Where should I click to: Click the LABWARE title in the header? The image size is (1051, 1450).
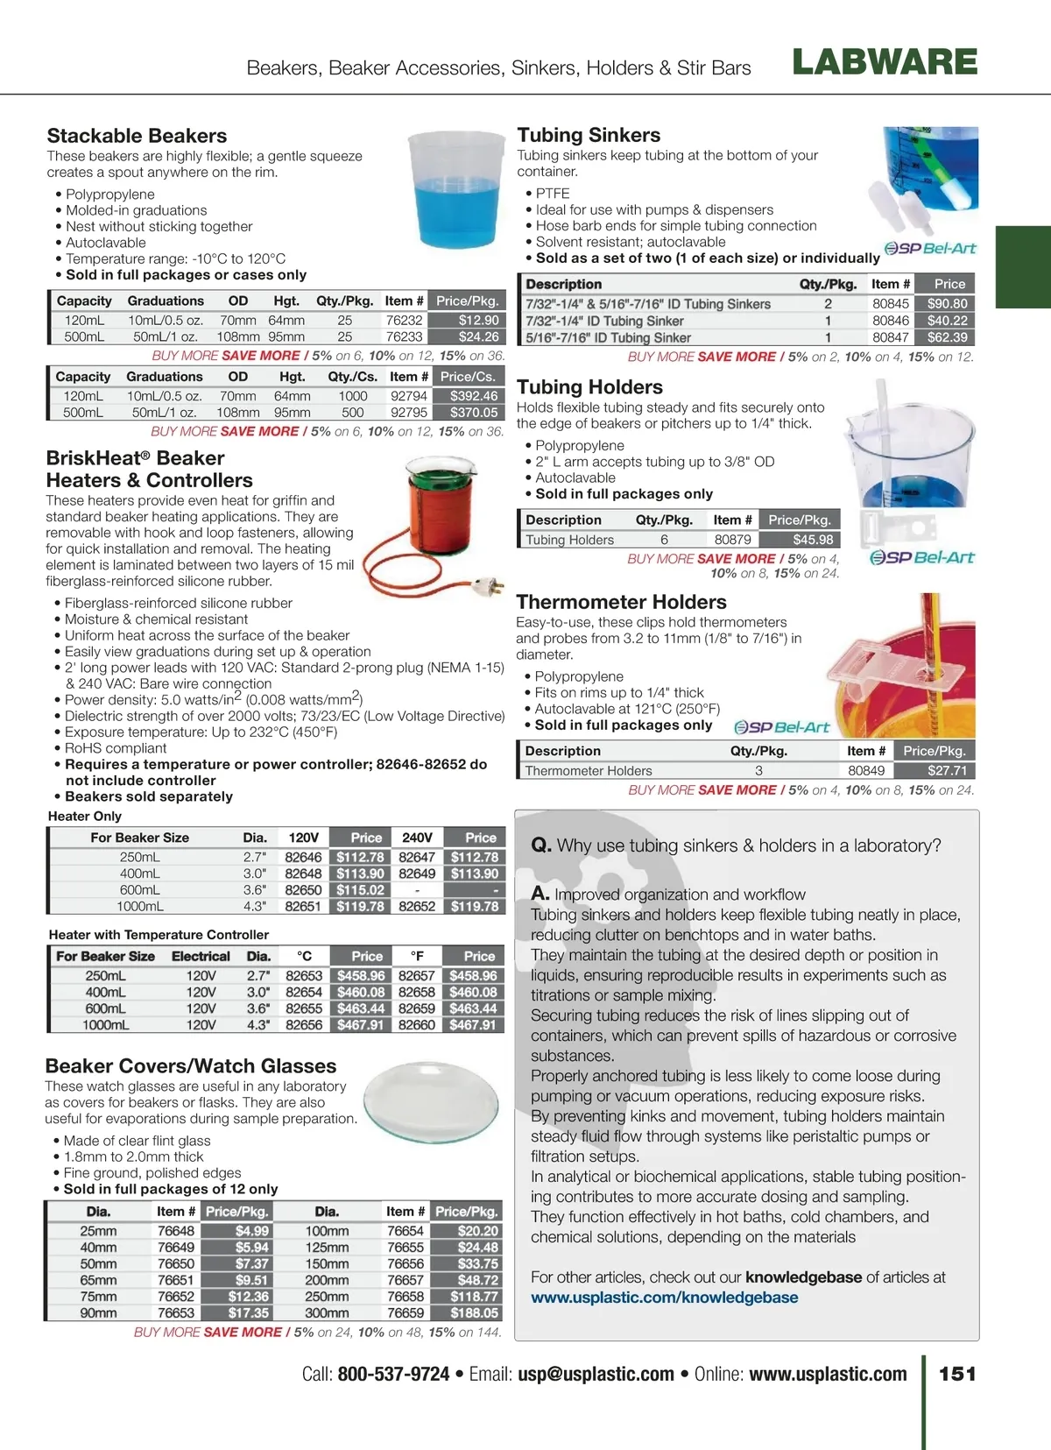[x=885, y=63]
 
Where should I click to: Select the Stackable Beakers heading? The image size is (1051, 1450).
[x=137, y=136]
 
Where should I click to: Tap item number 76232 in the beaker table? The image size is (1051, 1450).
[x=404, y=321]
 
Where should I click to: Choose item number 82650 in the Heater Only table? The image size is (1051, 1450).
[x=303, y=890]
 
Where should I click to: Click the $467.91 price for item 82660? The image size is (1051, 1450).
[x=473, y=1025]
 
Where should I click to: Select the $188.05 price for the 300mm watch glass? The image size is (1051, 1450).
[x=474, y=1313]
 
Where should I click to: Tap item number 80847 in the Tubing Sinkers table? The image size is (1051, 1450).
[x=890, y=337]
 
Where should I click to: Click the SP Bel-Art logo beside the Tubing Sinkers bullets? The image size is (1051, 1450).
[x=930, y=249]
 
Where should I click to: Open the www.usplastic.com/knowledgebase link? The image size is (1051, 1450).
[x=664, y=1298]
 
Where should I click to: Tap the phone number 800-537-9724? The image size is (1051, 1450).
[x=393, y=1375]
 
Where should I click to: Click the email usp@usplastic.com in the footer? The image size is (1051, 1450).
[x=596, y=1375]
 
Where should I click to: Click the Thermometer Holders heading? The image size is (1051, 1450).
[x=621, y=602]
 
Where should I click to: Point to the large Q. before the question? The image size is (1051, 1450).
[x=540, y=845]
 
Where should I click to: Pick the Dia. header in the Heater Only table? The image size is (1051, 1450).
[x=255, y=838]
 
